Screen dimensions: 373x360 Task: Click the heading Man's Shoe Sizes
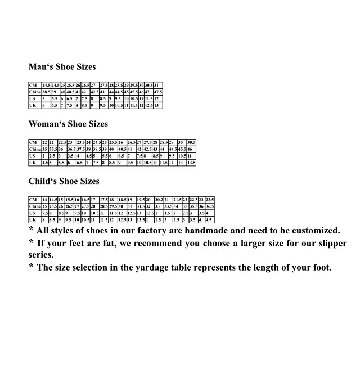tap(62, 67)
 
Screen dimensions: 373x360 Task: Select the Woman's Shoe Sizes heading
tap(68, 124)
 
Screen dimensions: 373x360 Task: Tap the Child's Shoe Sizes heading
tap(64, 182)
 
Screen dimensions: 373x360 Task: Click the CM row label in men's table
tap(33, 85)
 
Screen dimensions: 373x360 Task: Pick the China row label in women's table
tap(35, 149)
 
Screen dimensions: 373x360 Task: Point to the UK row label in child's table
tap(33, 220)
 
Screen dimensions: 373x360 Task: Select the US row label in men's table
tap(32, 98)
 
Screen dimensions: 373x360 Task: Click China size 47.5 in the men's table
tap(158, 92)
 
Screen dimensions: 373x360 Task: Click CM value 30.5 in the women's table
tap(191, 142)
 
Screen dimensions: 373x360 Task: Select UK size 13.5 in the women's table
tap(191, 163)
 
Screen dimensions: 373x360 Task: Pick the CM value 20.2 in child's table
tap(159, 200)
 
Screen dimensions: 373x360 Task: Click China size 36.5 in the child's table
tap(210, 206)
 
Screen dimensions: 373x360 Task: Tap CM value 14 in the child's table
tap(45, 200)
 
